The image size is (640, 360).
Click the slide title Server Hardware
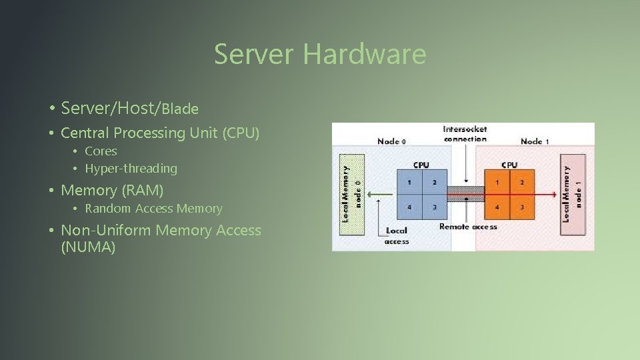pyautogui.click(x=320, y=53)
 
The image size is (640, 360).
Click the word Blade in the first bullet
pyautogui.click(x=180, y=109)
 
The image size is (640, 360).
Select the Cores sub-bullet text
pyautogui.click(x=101, y=151)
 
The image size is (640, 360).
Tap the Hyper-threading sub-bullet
pyautogui.click(x=131, y=169)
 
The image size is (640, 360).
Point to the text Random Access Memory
pyautogui.click(x=153, y=209)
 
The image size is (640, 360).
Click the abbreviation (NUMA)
pyautogui.click(x=88, y=247)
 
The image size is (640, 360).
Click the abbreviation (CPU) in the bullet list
pyautogui.click(x=241, y=133)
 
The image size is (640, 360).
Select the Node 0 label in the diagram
pyautogui.click(x=391, y=141)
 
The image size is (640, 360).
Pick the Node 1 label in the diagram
pyautogui.click(x=535, y=141)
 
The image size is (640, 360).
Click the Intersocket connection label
pyautogui.click(x=465, y=134)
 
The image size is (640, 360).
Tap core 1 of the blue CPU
pyautogui.click(x=409, y=182)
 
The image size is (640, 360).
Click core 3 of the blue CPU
pyautogui.click(x=434, y=207)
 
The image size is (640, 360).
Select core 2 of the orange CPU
pyautogui.click(x=522, y=182)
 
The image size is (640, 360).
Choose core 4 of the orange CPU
pyautogui.click(x=497, y=207)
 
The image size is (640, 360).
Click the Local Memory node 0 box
pyautogui.click(x=352, y=195)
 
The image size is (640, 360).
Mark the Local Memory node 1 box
pyautogui.click(x=573, y=195)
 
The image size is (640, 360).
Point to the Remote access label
pyautogui.click(x=468, y=227)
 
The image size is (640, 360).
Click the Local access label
pyautogui.click(x=397, y=235)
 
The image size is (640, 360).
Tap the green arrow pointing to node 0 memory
pyautogui.click(x=380, y=194)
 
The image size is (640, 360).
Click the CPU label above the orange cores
pyautogui.click(x=509, y=165)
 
